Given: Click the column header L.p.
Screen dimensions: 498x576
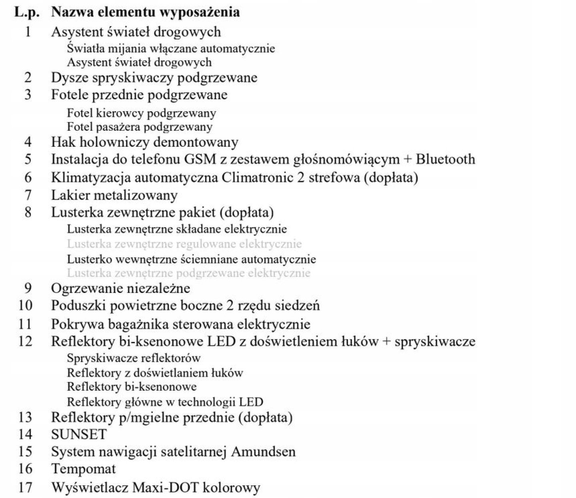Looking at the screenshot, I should pyautogui.click(x=27, y=12).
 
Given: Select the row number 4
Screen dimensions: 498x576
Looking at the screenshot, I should pyautogui.click(x=28, y=142).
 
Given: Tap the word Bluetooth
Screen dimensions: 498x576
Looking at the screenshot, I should pyautogui.click(x=445, y=159).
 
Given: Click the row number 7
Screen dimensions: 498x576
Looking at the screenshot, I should pyautogui.click(x=28, y=195).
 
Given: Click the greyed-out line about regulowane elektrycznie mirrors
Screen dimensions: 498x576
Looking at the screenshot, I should pyautogui.click(x=184, y=244).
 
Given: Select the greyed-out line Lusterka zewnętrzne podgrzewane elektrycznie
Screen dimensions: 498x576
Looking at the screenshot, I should pyautogui.click(x=188, y=273).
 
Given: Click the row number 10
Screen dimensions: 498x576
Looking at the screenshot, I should pyautogui.click(x=25, y=305).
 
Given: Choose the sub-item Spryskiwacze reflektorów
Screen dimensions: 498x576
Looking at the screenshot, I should pyautogui.click(x=133, y=358).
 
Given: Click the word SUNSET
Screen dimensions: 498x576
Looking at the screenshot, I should pyautogui.click(x=79, y=434).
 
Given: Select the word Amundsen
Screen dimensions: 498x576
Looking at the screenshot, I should pyautogui.click(x=263, y=452).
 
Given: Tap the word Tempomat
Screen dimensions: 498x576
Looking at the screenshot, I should pyautogui.click(x=83, y=469).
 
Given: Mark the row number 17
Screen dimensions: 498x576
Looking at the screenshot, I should pyautogui.click(x=25, y=487).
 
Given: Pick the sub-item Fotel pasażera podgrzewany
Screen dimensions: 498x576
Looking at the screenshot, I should pyautogui.click(x=139, y=127).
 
